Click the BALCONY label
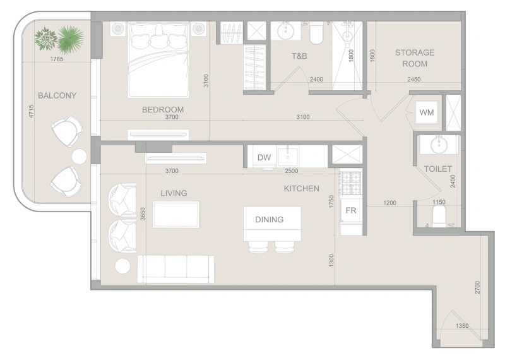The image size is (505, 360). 57,96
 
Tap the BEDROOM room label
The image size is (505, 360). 162,109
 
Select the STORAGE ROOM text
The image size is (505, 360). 414,58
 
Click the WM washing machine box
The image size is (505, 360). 427,112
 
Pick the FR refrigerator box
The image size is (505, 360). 351,211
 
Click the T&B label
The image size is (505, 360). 299,56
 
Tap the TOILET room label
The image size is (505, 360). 437,169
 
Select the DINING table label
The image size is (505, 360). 269,220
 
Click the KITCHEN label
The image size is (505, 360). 301,188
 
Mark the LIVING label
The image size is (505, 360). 174,193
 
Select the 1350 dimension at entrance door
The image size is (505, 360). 463,326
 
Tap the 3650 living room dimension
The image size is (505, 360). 143,215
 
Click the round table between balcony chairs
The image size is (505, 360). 79,156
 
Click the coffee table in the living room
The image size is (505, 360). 176,214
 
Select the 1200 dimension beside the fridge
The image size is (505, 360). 389,203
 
